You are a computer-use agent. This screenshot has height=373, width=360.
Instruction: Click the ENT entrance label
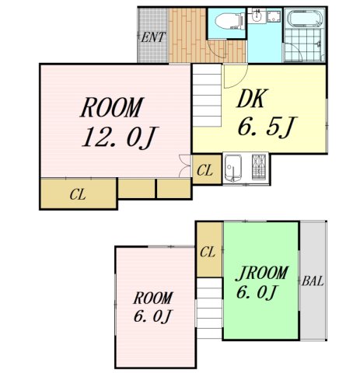[153, 37]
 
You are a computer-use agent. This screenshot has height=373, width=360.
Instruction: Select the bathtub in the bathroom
[305, 18]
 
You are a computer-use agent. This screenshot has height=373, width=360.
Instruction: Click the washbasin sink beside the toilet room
[256, 16]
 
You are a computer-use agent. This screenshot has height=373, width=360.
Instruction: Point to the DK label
[251, 99]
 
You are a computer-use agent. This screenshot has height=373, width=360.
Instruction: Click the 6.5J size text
[267, 127]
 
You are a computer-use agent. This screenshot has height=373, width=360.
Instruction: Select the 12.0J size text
[120, 138]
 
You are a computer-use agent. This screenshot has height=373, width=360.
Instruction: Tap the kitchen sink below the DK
[232, 169]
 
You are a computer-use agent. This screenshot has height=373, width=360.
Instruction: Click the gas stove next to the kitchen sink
[259, 166]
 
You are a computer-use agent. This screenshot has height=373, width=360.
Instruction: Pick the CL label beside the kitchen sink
[204, 170]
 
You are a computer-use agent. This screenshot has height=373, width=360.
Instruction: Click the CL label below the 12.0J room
[78, 194]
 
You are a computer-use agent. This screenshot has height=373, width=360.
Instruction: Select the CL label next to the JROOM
[208, 252]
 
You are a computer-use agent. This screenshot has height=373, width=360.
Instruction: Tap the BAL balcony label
[313, 281]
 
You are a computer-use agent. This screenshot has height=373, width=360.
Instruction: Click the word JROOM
[262, 274]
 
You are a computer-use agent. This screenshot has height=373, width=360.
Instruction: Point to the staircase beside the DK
[207, 96]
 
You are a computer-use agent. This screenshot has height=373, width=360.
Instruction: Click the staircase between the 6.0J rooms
[209, 309]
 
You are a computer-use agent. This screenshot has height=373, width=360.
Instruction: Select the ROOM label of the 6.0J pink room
[153, 298]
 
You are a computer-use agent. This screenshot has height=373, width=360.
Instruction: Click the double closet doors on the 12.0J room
[185, 166]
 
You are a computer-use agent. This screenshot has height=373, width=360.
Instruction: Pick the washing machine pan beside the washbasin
[274, 16]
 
